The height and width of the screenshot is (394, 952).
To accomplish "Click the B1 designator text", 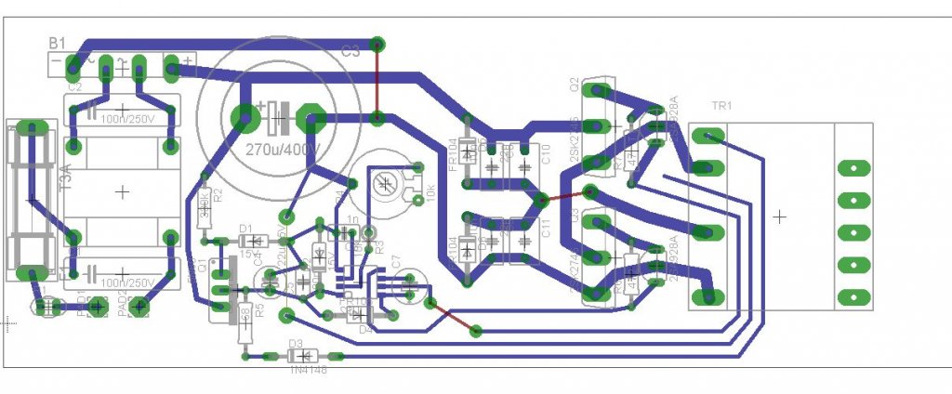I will [59, 43].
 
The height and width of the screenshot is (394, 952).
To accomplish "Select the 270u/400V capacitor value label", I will [279, 149].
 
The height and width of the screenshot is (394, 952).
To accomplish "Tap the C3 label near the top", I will [350, 53].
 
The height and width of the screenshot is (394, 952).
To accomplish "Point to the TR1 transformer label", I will [721, 105].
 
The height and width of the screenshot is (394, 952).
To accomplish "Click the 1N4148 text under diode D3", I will [308, 370].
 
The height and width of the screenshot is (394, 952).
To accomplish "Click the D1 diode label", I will [246, 228].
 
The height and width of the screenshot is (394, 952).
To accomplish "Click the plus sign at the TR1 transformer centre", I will [779, 216].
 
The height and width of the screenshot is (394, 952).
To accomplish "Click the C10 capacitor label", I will [547, 154].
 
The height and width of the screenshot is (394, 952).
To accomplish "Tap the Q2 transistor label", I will [575, 86].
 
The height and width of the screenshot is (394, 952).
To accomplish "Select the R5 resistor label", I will [259, 310].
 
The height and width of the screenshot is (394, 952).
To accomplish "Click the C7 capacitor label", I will [394, 266].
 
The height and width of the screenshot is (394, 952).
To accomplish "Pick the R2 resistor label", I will [218, 196].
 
